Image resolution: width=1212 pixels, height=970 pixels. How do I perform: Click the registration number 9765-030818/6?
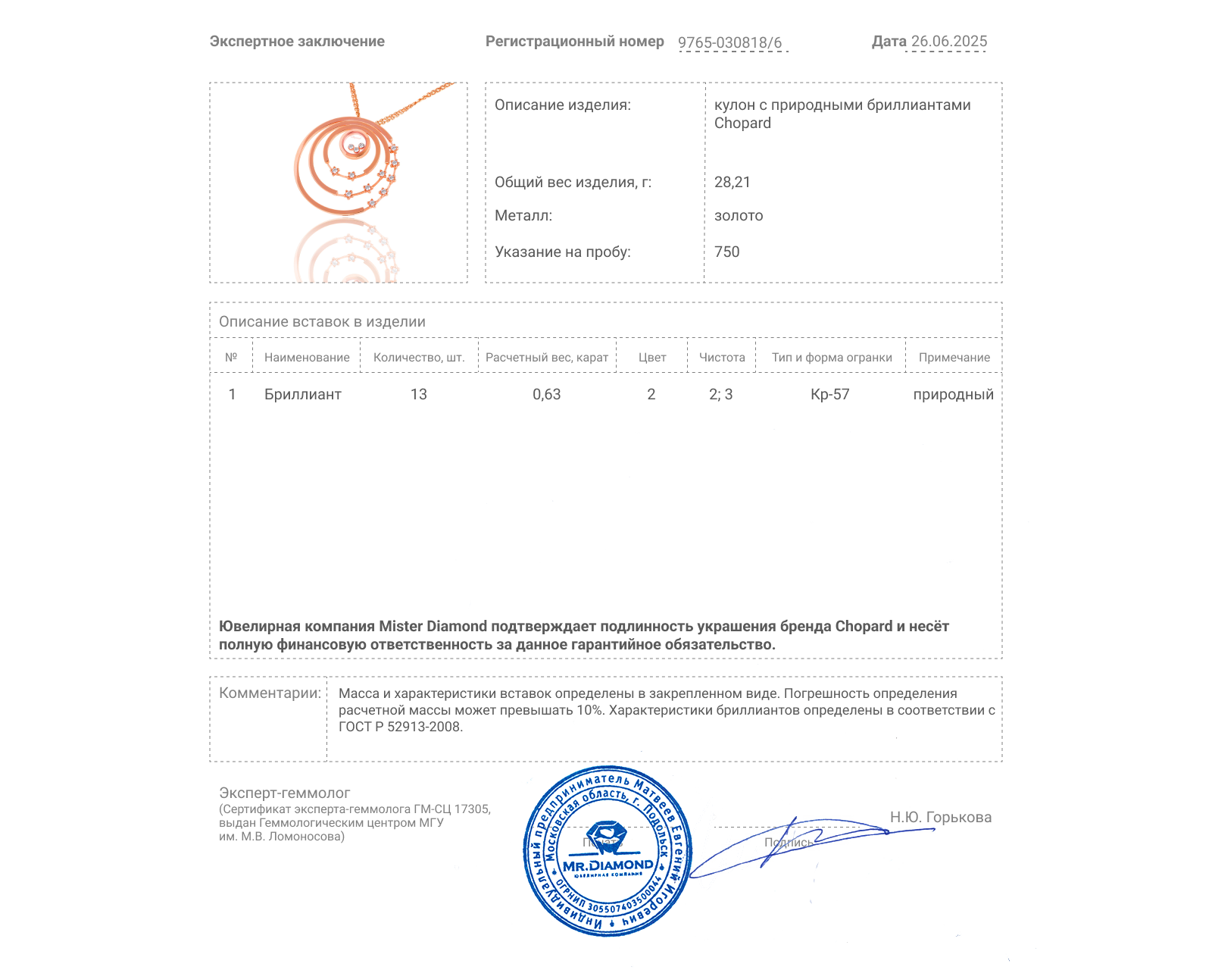pos(729,42)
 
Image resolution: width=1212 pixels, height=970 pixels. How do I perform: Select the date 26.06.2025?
pos(948,42)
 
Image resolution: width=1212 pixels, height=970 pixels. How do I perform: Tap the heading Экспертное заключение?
pos(297,42)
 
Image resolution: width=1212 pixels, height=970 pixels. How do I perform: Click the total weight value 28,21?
pos(732,182)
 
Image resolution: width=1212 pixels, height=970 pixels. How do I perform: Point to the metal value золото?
pos(739,216)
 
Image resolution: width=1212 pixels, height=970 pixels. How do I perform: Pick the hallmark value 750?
pos(726,252)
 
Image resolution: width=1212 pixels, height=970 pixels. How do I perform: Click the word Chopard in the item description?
pos(742,124)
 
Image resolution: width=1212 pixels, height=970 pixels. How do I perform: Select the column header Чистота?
pos(721,358)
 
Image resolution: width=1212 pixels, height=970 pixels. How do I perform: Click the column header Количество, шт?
pos(419,358)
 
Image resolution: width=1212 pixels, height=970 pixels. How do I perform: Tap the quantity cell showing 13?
pos(419,395)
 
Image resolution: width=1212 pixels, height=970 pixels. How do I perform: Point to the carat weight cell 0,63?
pos(546,395)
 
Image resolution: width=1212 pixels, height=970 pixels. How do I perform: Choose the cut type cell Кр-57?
pos(830,395)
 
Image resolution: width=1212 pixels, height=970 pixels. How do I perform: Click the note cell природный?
pos(953,395)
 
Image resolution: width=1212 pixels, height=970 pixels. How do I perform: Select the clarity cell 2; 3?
pos(720,395)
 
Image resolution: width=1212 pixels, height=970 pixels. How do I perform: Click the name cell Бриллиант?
pos(302,395)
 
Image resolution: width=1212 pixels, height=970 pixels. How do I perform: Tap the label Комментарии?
pos(270,693)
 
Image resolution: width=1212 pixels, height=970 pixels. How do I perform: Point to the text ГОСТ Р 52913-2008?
pos(399,727)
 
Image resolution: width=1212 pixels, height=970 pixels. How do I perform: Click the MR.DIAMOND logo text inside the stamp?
pos(608,865)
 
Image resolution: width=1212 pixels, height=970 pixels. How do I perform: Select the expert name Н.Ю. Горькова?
pos(940,818)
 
